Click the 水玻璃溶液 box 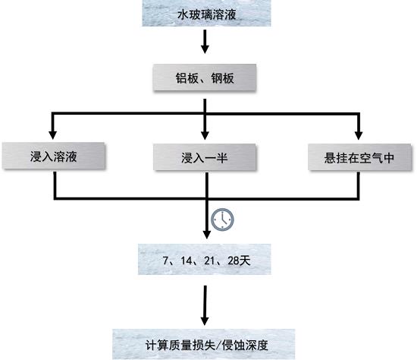point(206,13)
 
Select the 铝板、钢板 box point(205,77)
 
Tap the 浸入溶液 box point(54,156)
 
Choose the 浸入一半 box point(205,157)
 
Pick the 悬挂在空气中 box point(359,157)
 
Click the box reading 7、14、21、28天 point(205,259)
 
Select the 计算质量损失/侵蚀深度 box point(204,345)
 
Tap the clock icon point(222,219)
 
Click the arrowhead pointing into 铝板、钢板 point(205,49)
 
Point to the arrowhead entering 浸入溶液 point(52,135)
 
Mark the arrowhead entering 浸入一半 point(205,135)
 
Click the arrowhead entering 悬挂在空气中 point(359,135)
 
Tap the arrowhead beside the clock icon point(207,235)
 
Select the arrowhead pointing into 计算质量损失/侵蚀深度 point(205,321)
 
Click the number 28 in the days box point(233,261)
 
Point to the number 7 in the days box point(165,261)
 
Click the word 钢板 point(223,78)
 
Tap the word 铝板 point(187,78)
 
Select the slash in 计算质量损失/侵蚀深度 point(218,346)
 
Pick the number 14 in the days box point(187,261)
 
